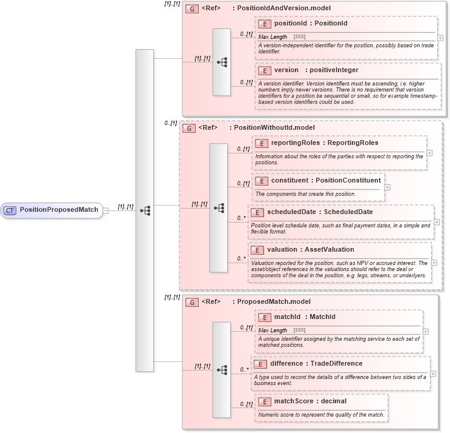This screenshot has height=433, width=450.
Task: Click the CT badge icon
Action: pos(10,210)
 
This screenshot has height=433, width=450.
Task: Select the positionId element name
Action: pos(290,24)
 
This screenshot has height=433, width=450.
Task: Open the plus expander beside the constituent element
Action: pos(388,187)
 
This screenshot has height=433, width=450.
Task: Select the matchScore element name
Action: pos(291,401)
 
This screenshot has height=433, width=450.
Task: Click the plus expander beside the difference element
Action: pos(432,374)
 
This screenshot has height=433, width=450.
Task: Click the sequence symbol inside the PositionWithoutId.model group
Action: pos(219,207)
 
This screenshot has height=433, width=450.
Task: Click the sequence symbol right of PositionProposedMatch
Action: pos(145,210)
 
